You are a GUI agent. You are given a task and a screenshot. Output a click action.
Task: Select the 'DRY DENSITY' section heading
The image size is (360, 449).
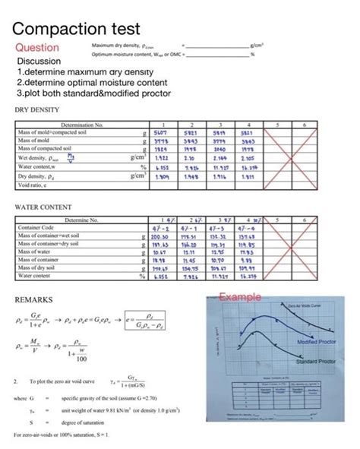point(36,109)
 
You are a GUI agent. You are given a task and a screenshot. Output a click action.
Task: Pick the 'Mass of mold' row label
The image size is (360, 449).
point(33,140)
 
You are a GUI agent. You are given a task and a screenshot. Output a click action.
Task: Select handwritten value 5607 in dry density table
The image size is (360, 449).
point(161,131)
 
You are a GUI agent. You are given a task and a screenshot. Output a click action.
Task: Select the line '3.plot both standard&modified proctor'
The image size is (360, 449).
point(94,93)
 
